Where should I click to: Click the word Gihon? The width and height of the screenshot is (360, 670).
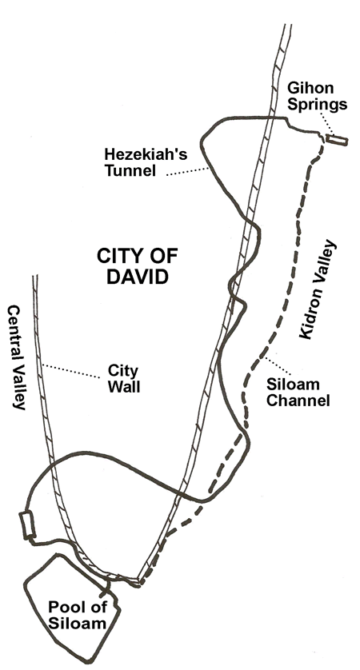[310, 88]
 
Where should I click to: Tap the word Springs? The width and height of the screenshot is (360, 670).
[317, 105]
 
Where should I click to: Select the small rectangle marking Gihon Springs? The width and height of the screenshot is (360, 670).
[337, 140]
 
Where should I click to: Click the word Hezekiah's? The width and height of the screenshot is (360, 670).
[146, 154]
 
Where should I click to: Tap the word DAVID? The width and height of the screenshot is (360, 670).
[137, 277]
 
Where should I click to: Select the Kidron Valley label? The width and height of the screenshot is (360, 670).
[318, 289]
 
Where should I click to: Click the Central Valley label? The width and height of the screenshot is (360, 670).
[17, 357]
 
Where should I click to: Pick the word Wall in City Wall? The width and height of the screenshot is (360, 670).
[123, 387]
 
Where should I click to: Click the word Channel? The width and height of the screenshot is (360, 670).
[298, 401]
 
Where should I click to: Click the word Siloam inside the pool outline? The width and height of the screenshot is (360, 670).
[77, 623]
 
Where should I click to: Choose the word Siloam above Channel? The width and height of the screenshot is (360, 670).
[293, 384]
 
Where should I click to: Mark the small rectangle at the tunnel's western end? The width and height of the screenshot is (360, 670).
[27, 524]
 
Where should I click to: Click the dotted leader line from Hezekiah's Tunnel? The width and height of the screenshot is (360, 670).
[188, 172]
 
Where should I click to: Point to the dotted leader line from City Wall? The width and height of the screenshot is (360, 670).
[71, 371]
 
